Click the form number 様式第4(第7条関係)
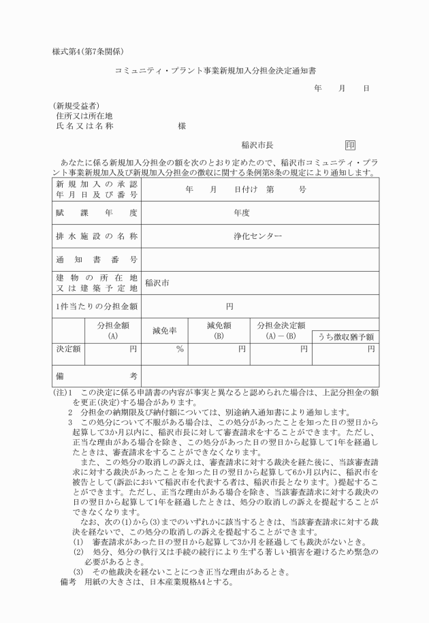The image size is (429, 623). [x=87, y=52]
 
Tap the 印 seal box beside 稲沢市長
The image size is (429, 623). [x=350, y=145]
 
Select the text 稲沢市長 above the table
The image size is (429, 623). [x=257, y=145]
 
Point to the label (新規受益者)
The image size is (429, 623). [x=76, y=106]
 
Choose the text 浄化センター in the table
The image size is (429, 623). [x=257, y=236]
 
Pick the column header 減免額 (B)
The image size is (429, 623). [x=219, y=331]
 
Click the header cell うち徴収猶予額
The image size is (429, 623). [x=345, y=337]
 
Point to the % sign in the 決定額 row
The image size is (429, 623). [x=180, y=349]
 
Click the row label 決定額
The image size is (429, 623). [x=68, y=349]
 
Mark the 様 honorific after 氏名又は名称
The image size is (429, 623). [x=182, y=126]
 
